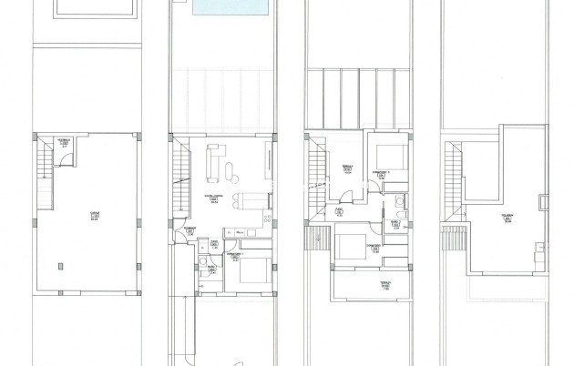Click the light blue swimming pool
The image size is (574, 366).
point(232,8)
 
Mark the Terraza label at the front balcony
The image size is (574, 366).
point(384,285)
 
